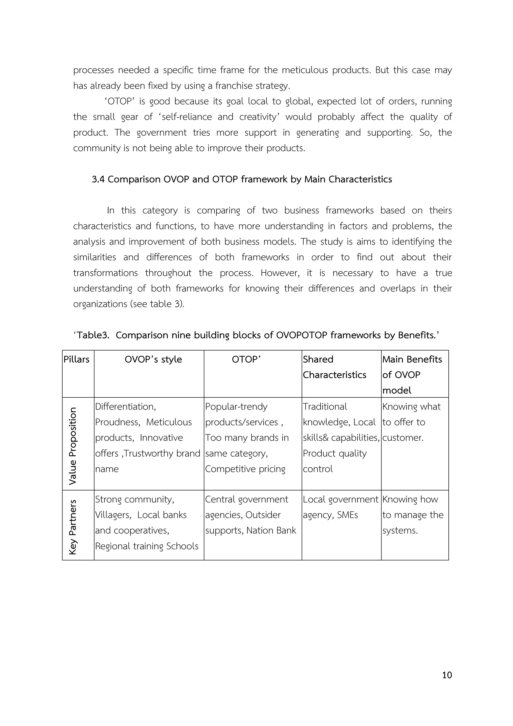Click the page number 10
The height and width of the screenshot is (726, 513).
tap(447, 675)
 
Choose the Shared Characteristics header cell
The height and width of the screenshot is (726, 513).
tap(334, 367)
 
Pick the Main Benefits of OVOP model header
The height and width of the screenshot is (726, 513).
tap(412, 374)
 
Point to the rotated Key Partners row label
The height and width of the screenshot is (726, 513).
tap(73, 527)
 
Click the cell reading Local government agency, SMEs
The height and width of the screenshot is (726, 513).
tap(340, 507)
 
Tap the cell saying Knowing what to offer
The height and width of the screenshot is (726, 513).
tap(411, 422)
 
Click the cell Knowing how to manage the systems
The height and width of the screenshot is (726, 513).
tap(413, 515)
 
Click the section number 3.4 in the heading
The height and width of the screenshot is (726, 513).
tap(98, 179)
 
